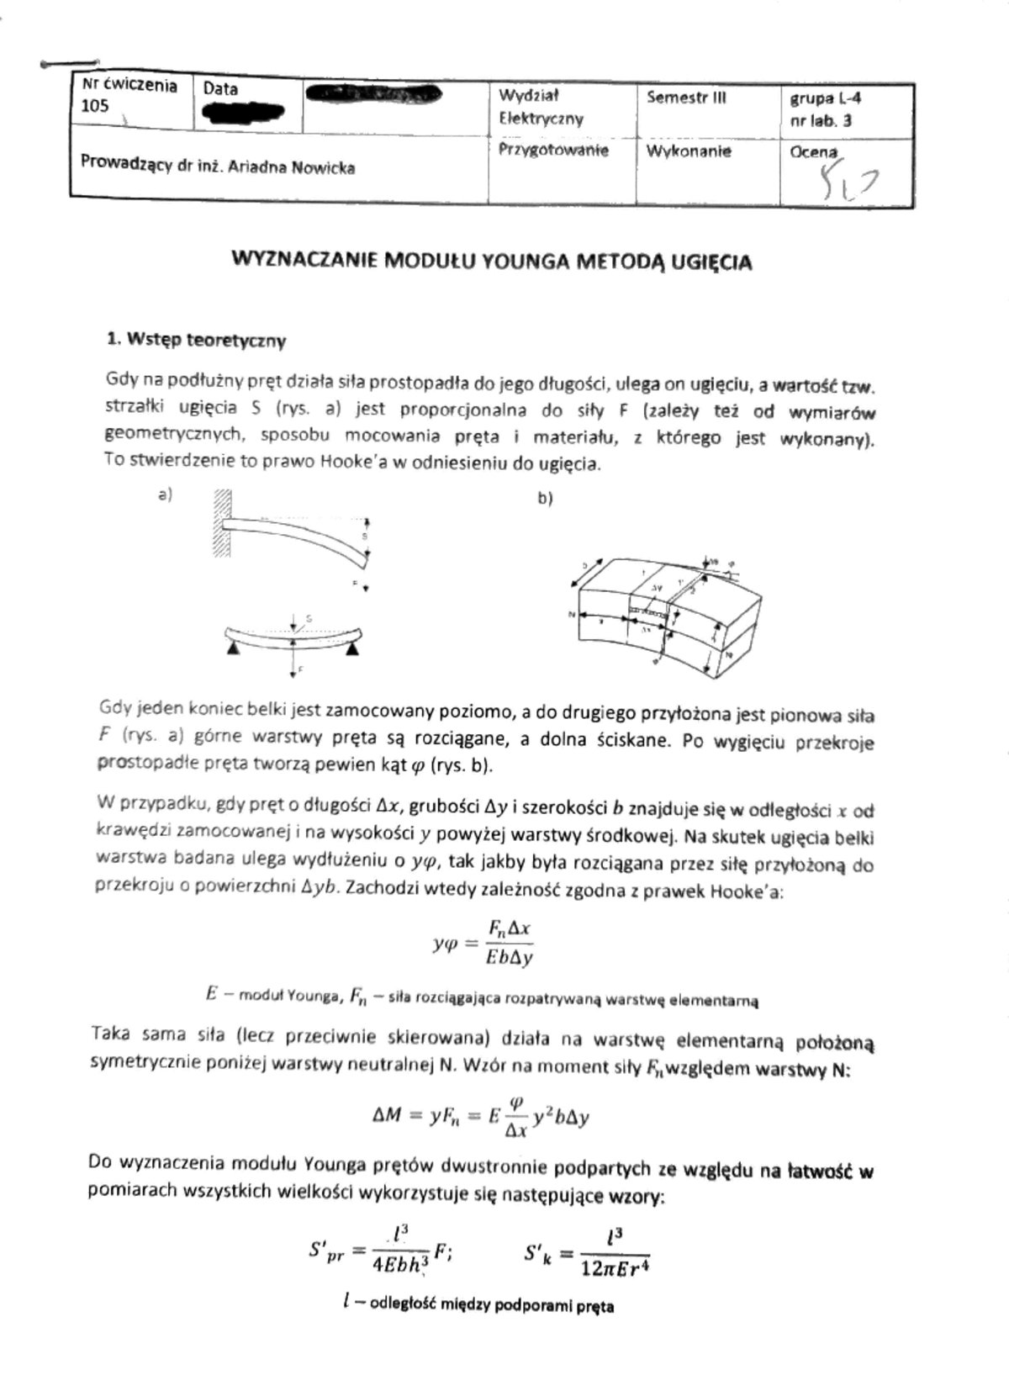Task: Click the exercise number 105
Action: pyautogui.click(x=95, y=106)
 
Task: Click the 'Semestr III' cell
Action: pyautogui.click(x=686, y=98)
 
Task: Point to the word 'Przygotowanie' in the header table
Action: pyautogui.click(x=553, y=151)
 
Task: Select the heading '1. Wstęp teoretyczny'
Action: pyautogui.click(x=197, y=341)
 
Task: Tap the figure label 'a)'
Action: pyautogui.click(x=165, y=495)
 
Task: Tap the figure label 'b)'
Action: pyautogui.click(x=545, y=498)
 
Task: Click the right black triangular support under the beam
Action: pyautogui.click(x=354, y=648)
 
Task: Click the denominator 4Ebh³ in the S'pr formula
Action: pyautogui.click(x=400, y=1264)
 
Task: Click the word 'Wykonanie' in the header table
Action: pyautogui.click(x=689, y=151)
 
